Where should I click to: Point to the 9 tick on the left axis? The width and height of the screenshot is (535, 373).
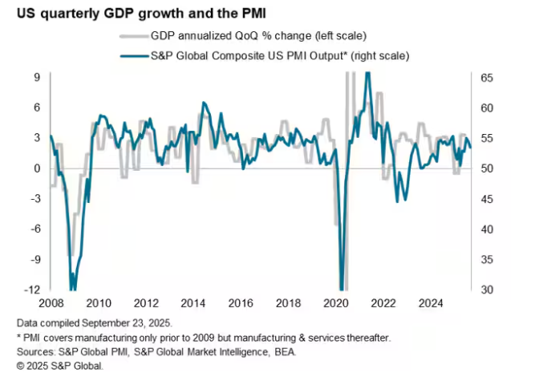click(x=37, y=78)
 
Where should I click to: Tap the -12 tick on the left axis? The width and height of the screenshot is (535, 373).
click(x=32, y=290)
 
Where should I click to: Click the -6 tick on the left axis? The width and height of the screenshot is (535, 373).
click(x=34, y=229)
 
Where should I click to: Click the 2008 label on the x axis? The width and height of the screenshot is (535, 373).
click(x=51, y=304)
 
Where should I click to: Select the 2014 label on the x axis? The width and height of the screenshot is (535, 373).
click(x=193, y=304)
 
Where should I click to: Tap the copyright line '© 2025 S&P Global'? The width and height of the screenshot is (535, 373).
click(x=54, y=365)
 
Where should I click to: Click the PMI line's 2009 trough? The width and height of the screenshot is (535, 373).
click(x=73, y=287)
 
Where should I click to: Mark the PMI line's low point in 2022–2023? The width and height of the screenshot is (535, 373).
click(x=398, y=201)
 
